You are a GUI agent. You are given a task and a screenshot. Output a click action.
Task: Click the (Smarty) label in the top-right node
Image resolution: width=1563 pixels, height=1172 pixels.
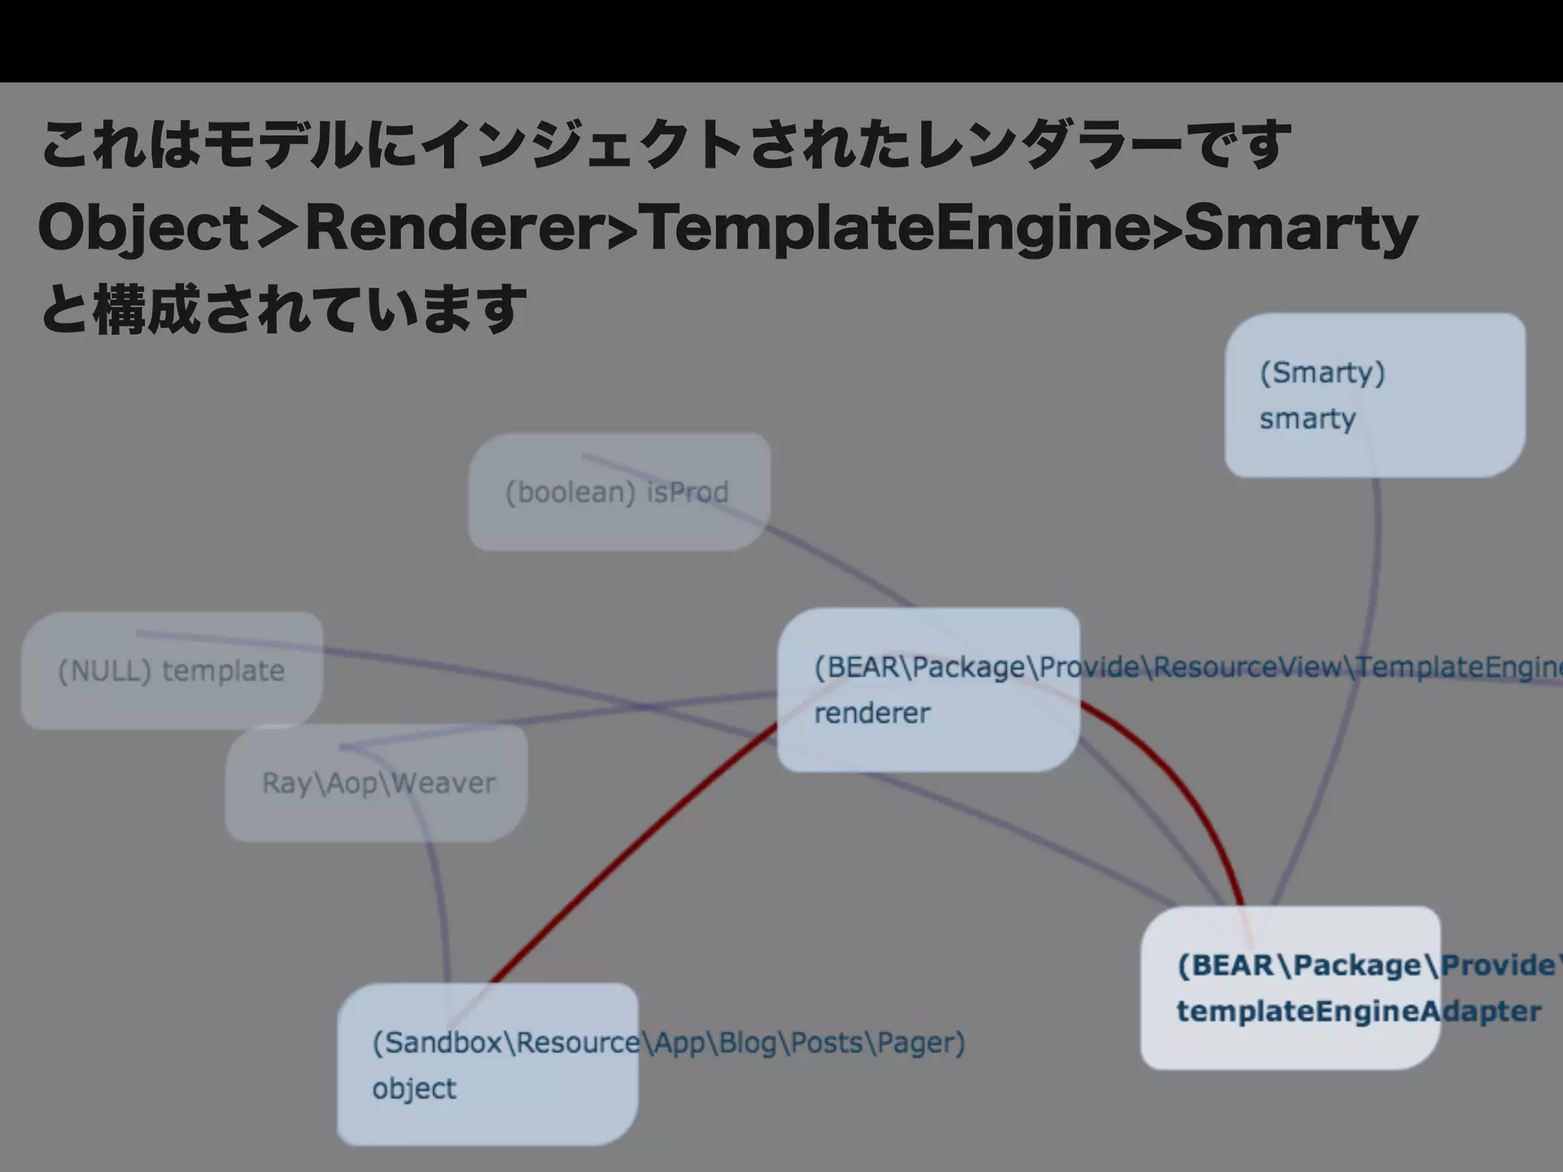coord(1322,373)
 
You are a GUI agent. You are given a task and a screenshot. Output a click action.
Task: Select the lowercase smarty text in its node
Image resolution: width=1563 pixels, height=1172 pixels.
coord(1307,419)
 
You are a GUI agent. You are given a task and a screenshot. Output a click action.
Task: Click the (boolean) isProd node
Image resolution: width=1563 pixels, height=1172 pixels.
coord(617,492)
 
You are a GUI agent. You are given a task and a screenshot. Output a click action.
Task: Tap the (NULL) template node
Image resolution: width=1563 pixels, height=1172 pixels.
coord(171,671)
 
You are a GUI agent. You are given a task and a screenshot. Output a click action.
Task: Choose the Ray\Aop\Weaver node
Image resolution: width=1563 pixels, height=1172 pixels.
coord(378,784)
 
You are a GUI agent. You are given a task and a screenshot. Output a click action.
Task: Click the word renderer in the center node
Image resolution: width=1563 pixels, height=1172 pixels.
coord(872,713)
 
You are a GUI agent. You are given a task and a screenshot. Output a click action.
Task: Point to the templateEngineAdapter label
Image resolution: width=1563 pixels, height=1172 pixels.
coord(1358,1012)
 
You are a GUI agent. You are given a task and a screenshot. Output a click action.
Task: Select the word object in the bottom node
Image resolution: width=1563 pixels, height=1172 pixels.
coord(414,1089)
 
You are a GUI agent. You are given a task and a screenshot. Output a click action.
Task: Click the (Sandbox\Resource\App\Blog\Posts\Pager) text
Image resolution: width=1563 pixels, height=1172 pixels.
coord(668,1043)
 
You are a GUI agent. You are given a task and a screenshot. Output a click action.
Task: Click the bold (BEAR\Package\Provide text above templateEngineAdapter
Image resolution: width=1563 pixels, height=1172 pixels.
coord(1366,966)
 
